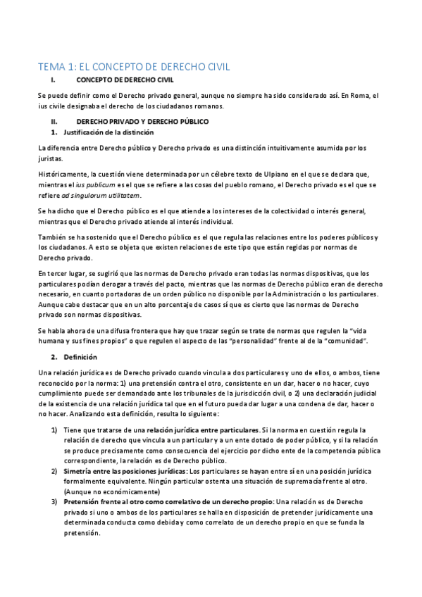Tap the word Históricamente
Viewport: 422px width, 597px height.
pos(63,174)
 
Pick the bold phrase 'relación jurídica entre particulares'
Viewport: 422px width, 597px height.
pos(202,429)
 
